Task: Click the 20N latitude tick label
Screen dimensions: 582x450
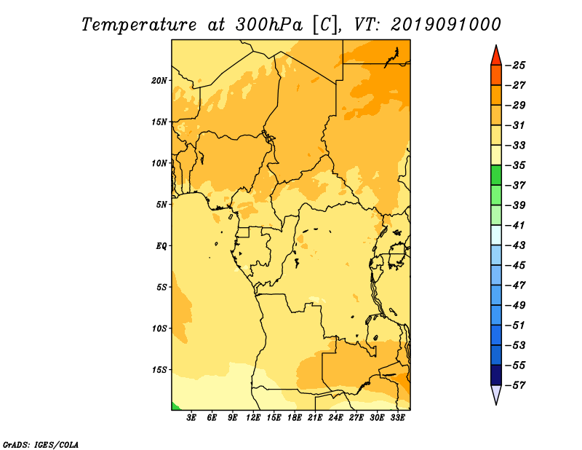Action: coord(159,80)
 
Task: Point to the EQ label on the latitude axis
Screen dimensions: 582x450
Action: coord(162,245)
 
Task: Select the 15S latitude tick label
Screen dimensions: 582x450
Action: coord(159,370)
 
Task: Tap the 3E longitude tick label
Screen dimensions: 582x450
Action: coord(191,417)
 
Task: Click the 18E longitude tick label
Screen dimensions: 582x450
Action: coord(295,417)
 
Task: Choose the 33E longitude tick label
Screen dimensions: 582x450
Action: coord(397,417)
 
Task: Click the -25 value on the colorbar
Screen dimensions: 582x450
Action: coord(516,66)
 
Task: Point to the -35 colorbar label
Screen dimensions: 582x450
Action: coord(516,165)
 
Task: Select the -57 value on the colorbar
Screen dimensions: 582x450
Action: coord(516,385)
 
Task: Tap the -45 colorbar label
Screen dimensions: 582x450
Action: coord(516,265)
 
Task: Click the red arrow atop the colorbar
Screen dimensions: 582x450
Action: coord(496,56)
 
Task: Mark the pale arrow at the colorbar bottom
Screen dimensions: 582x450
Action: coord(496,395)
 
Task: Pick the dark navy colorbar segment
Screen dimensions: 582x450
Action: coord(496,375)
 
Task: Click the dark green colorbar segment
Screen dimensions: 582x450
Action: coord(496,175)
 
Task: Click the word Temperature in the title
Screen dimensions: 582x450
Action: coord(139,25)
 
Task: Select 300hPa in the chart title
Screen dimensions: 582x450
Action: coord(269,25)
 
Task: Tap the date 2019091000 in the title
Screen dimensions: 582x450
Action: coord(446,25)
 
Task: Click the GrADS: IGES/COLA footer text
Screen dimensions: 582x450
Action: coord(41,444)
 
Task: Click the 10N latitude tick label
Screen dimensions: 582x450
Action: coord(159,163)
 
